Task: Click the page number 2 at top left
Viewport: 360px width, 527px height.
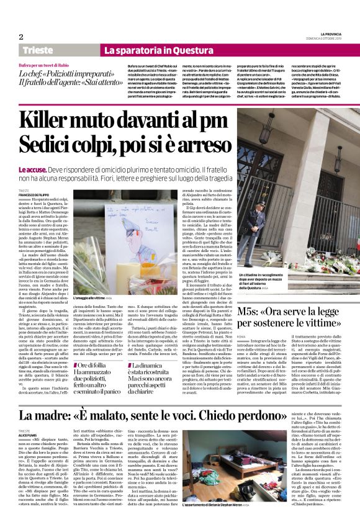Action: click(x=20, y=36)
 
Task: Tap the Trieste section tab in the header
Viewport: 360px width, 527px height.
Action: click(x=38, y=50)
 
